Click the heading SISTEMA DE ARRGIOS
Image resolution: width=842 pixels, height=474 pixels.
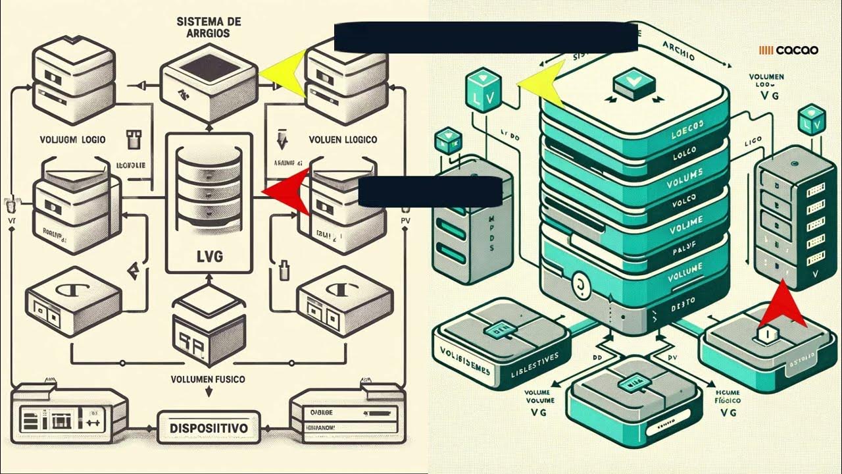(x=209, y=27)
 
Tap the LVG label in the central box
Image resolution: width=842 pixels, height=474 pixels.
(x=210, y=255)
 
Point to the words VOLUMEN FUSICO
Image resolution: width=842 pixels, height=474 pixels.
(x=208, y=380)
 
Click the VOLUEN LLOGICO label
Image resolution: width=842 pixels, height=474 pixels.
(x=343, y=140)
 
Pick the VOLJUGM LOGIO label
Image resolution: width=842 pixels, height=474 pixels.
(x=69, y=140)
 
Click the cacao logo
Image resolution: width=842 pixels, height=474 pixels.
(x=789, y=50)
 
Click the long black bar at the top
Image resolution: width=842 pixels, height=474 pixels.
(x=485, y=37)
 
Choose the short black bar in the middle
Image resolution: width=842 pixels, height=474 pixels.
(x=430, y=192)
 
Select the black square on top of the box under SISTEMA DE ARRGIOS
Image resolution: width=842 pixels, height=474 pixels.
(x=208, y=67)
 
